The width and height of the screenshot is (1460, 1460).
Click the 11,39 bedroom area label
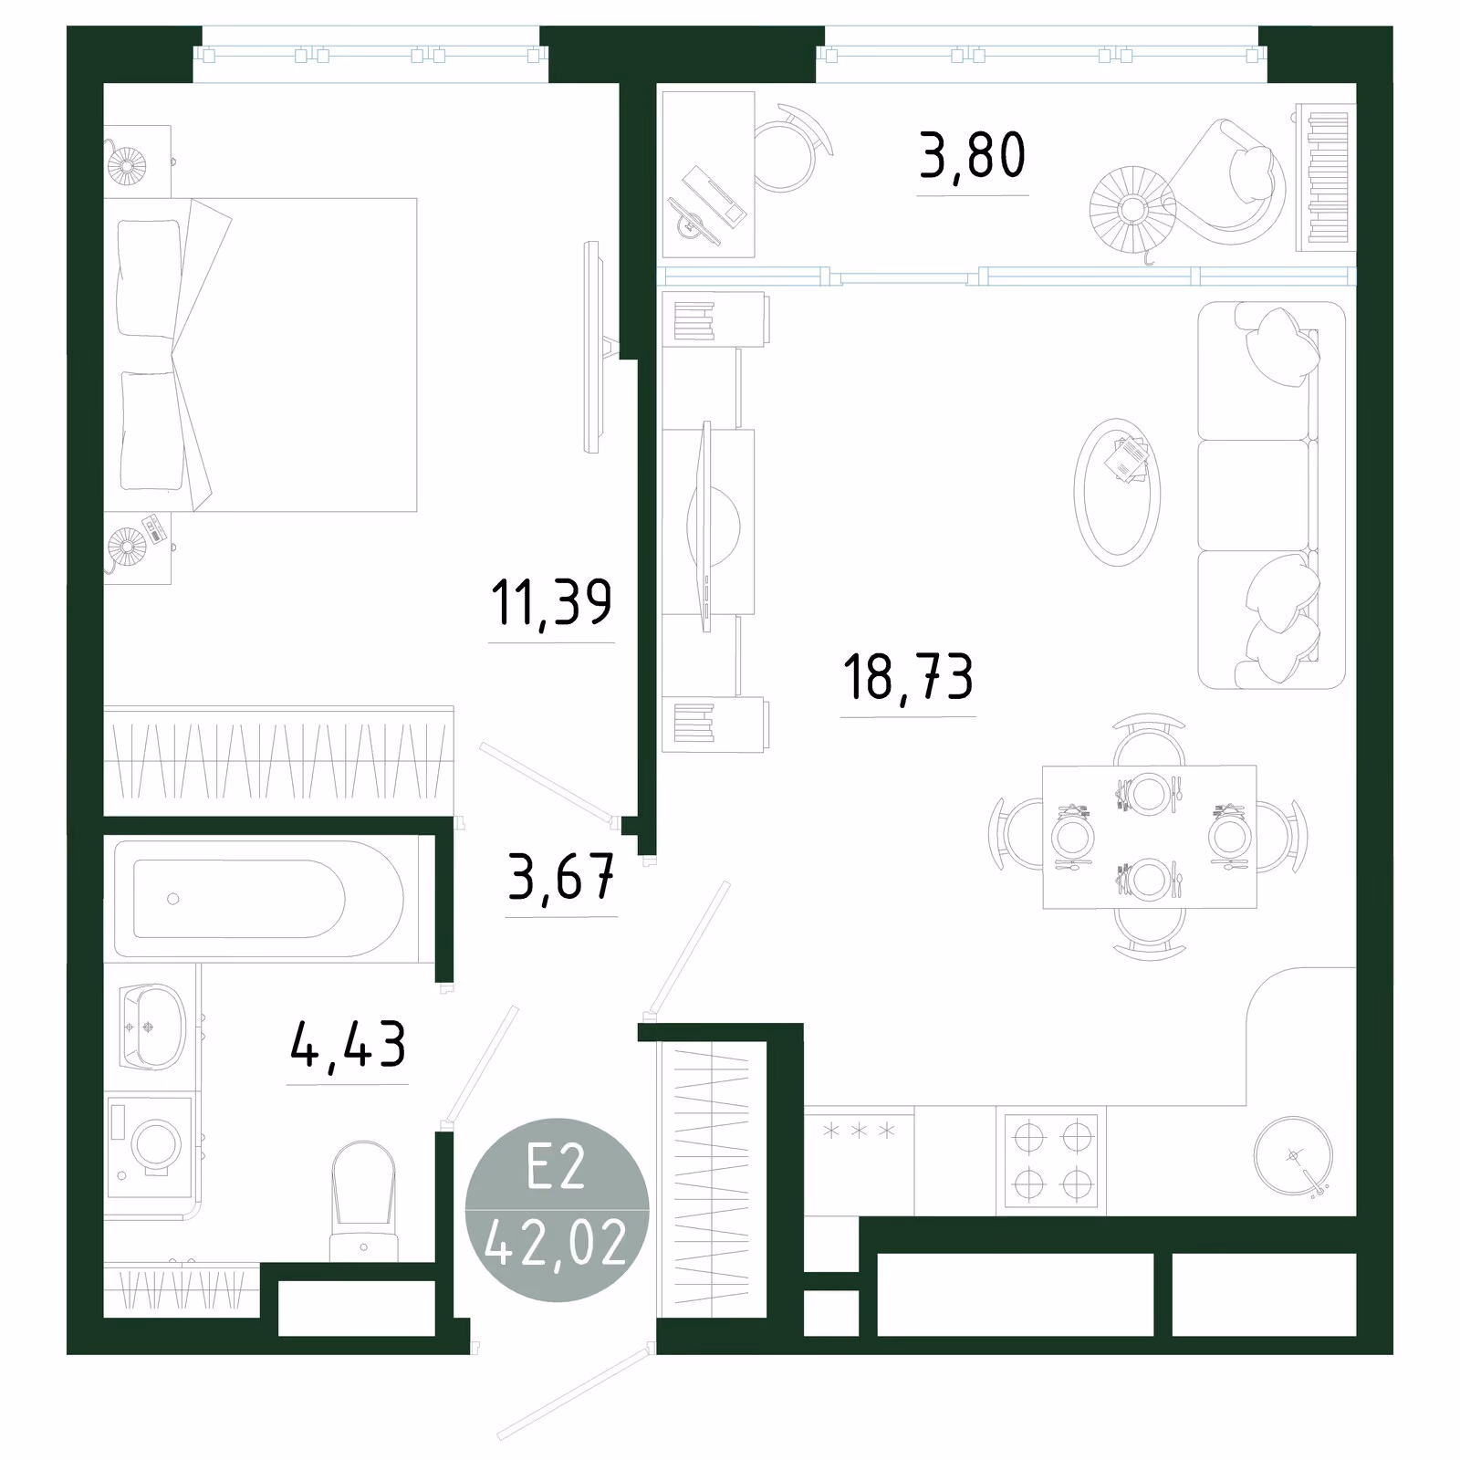pos(551,603)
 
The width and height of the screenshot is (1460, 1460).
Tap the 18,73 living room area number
pos(908,678)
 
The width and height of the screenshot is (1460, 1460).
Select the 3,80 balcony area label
pos(973,156)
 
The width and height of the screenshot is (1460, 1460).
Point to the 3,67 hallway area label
pos(561,878)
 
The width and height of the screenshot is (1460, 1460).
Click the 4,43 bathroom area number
pos(348,1046)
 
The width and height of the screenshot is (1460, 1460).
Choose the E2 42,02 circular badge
pos(557,1210)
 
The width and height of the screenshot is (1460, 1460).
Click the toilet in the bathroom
pos(363,1202)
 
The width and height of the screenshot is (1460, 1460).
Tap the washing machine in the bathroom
pos(151,1144)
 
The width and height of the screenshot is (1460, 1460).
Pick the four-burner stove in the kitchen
pos(1051,1161)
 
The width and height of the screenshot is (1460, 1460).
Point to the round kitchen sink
pos(1293,1156)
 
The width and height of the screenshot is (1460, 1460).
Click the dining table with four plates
pos(1150,837)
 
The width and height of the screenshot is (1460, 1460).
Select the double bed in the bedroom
pos(260,355)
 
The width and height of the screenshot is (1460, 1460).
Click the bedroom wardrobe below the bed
pos(278,760)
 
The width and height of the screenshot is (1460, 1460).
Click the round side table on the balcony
pos(1132,209)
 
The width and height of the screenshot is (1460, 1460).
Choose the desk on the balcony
pos(708,174)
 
